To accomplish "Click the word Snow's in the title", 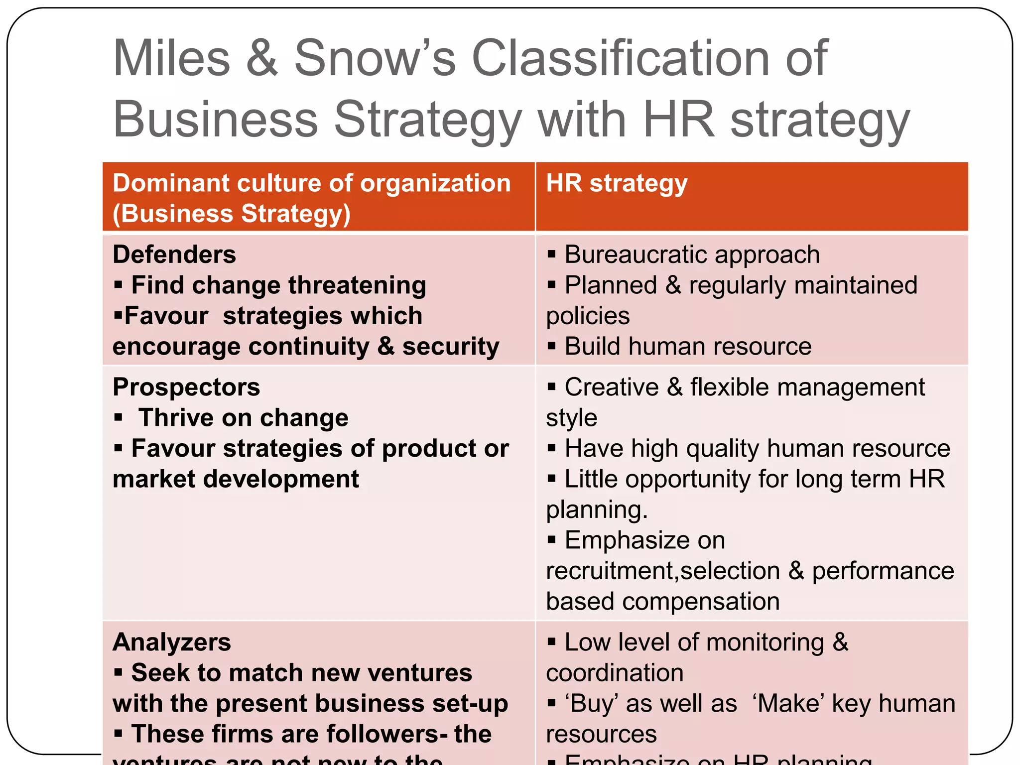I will click(x=375, y=59).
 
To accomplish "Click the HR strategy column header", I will click(x=617, y=183).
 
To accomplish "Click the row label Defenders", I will click(x=174, y=255).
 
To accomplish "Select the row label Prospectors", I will click(x=186, y=387).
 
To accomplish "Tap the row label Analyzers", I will click(x=172, y=642).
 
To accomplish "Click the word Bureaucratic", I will click(x=637, y=255).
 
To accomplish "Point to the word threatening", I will click(x=357, y=286).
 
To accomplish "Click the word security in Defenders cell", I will click(x=450, y=347).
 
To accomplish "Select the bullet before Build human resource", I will click(x=551, y=346).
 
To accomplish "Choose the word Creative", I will click(x=612, y=387).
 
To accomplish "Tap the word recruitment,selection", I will click(x=662, y=571).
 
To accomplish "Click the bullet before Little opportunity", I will click(x=551, y=479).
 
